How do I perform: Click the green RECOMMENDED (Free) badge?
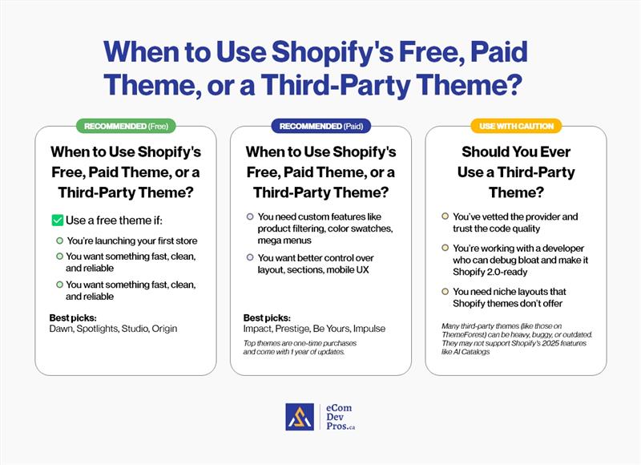(125, 126)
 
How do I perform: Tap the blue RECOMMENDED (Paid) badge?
(320, 126)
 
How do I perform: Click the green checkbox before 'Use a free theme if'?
(57, 220)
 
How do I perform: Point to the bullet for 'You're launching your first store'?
(59, 241)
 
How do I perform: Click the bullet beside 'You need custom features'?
(251, 216)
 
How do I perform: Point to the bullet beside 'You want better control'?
(251, 257)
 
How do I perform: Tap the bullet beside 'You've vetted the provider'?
(445, 216)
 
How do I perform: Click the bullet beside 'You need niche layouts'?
(445, 292)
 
